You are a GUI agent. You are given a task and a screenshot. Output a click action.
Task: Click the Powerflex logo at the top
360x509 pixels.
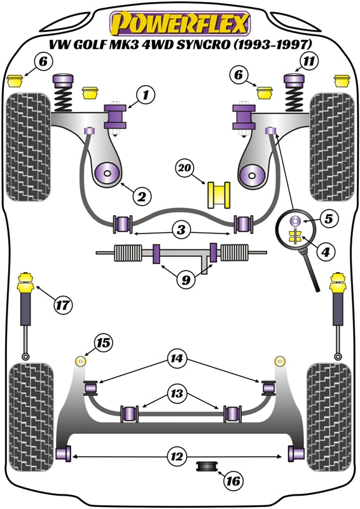point(180,24)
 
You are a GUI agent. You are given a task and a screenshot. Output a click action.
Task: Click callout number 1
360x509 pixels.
point(146,95)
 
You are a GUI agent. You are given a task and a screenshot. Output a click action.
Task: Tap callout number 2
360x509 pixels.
point(142,196)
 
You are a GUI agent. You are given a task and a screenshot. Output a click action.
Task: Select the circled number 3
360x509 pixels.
point(181,230)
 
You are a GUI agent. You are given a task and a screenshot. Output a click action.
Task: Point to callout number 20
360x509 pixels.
point(184,168)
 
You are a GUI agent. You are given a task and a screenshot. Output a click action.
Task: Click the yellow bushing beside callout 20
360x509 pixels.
point(219,195)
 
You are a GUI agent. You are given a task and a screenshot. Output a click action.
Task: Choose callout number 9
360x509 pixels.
point(186,279)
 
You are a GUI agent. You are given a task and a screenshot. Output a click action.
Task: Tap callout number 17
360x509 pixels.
point(63,305)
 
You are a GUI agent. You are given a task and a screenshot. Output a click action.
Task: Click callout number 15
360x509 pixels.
point(104,343)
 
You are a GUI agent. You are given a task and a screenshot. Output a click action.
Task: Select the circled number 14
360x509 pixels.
point(177,358)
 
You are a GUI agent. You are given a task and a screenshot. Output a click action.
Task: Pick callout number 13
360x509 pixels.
point(177,394)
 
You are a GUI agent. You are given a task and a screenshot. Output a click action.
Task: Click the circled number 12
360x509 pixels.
point(177,456)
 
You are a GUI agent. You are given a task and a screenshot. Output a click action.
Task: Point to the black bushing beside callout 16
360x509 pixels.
point(207,467)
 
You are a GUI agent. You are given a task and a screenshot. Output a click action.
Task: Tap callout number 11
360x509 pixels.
point(309,61)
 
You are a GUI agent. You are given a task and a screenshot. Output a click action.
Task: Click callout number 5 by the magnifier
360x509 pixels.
point(328,219)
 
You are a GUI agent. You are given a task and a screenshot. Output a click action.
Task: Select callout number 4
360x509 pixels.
point(326,251)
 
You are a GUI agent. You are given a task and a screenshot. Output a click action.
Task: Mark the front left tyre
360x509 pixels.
point(29,147)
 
